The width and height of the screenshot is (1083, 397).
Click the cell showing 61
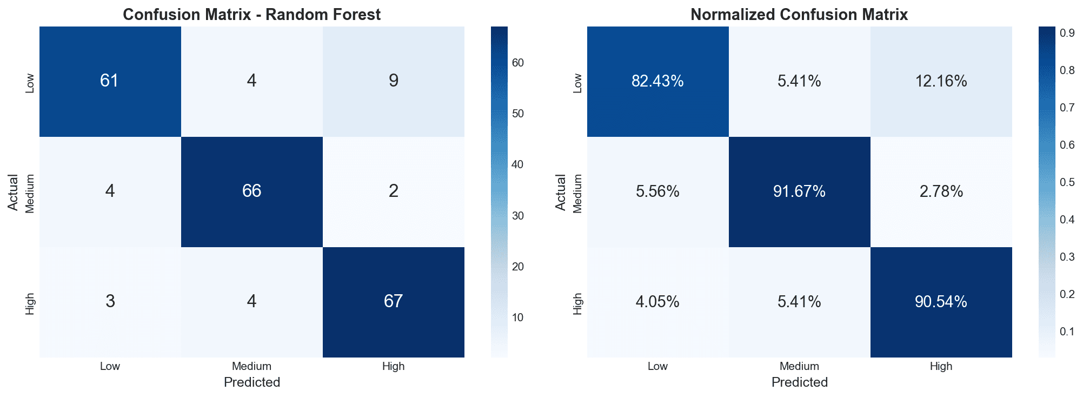pos(110,81)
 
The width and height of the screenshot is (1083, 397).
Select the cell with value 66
pos(252,191)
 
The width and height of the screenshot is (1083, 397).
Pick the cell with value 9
pos(394,81)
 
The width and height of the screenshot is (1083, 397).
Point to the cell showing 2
pos(394,191)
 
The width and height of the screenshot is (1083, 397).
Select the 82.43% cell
pos(657,81)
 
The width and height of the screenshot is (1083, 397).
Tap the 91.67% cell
pos(799,191)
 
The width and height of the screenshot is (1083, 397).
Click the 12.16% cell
pos(941,81)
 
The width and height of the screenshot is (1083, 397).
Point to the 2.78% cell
pos(941,191)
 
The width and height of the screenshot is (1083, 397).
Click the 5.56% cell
pos(657,191)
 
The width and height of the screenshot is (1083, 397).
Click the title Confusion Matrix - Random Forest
pos(252,15)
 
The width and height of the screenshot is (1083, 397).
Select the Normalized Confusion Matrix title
pos(799,15)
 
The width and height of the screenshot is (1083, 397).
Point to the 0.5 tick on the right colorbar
pos(1067,182)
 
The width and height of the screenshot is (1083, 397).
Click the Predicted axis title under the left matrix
pos(252,382)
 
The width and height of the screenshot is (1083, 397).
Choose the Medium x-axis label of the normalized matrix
pos(799,366)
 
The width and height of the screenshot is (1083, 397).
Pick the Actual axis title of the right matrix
pos(560,192)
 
